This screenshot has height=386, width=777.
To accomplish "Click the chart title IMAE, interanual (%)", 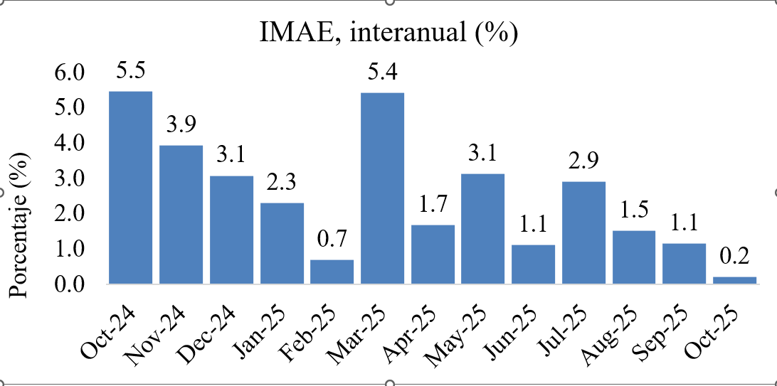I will point(388,33).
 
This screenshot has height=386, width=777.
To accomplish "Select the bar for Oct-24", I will point(130,188).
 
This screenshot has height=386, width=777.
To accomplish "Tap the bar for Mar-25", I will point(382,188).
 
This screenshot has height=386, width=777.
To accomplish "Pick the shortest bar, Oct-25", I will point(734,280).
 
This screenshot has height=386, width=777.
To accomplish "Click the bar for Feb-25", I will point(332,272).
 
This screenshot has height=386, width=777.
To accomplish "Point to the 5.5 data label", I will point(131,71).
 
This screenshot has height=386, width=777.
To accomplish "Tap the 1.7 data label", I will point(433,205).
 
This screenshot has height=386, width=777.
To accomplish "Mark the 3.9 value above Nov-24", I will point(181,125).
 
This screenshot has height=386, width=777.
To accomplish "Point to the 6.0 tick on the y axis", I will point(69,73).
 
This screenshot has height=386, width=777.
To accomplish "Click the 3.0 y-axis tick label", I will point(69,178).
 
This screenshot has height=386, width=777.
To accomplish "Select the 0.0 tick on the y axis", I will point(69,284).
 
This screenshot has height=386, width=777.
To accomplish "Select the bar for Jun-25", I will point(533,264).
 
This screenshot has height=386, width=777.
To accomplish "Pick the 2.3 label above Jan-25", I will point(282,183).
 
